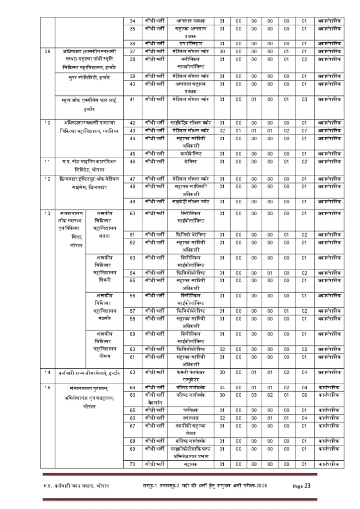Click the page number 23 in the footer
pyautogui.click(x=307, y=486)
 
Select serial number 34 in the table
pyautogui.click(x=133, y=20)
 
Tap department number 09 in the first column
pyautogui.click(x=48, y=51)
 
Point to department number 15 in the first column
pyautogui.click(x=48, y=387)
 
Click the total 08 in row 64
pyautogui.click(x=304, y=387)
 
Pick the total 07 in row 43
pyautogui.click(x=304, y=130)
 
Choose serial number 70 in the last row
pyautogui.click(x=133, y=464)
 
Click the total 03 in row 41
pyautogui.click(x=304, y=99)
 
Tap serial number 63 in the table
pyautogui.click(x=133, y=372)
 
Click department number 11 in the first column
pyautogui.click(x=48, y=162)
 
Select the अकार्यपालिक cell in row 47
pyautogui.click(x=329, y=178)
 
